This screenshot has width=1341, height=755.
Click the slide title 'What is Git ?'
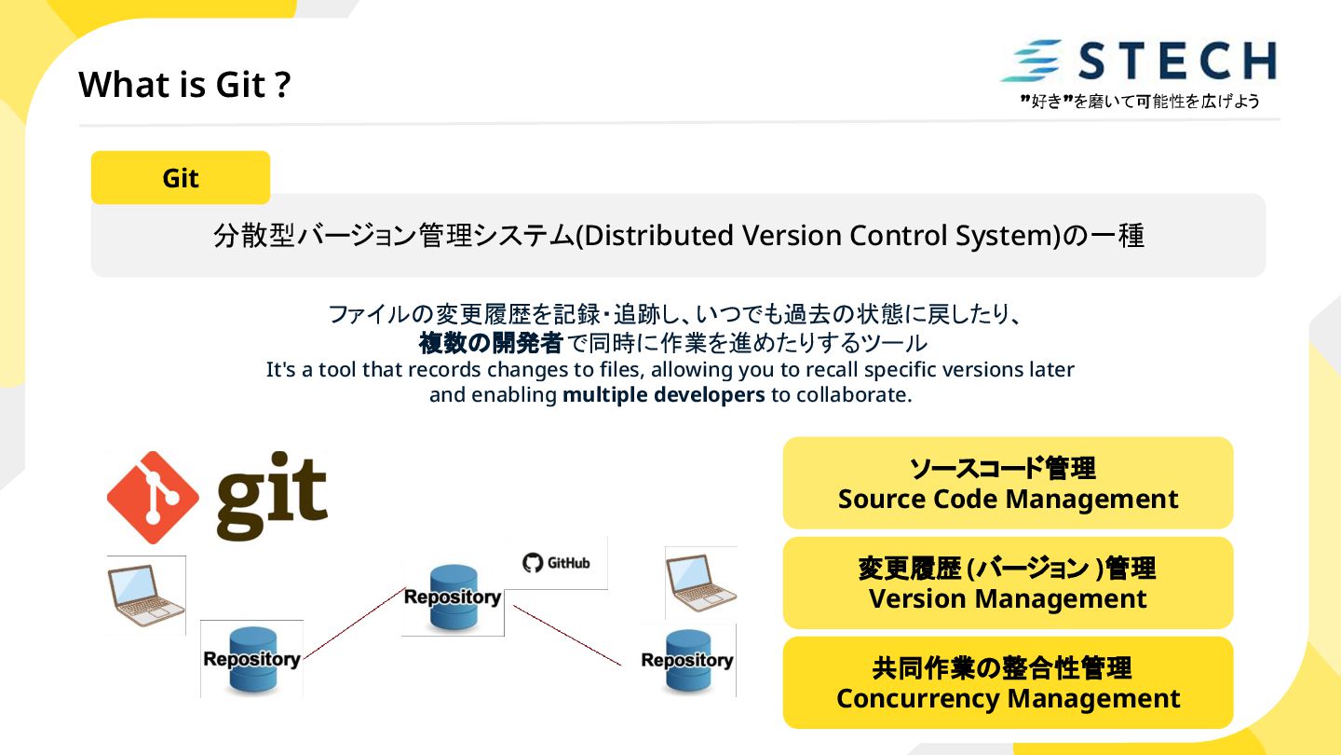184,85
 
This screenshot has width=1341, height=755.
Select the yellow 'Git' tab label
181,178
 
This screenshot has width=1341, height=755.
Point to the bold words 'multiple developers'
663,394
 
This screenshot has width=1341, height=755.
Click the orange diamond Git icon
153,498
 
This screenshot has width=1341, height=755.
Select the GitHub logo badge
556,563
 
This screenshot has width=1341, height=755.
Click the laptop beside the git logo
146,595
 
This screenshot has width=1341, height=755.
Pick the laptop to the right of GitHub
700,583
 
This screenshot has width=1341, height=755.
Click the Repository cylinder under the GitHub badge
453,597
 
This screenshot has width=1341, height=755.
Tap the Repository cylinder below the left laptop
251,659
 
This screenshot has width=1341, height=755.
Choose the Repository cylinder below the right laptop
687,660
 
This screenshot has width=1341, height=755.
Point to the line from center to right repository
566,636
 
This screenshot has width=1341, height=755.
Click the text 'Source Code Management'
1008,500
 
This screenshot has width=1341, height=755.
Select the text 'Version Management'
1008,598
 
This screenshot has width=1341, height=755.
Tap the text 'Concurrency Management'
1008,699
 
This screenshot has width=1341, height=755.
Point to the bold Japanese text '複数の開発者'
491,344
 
